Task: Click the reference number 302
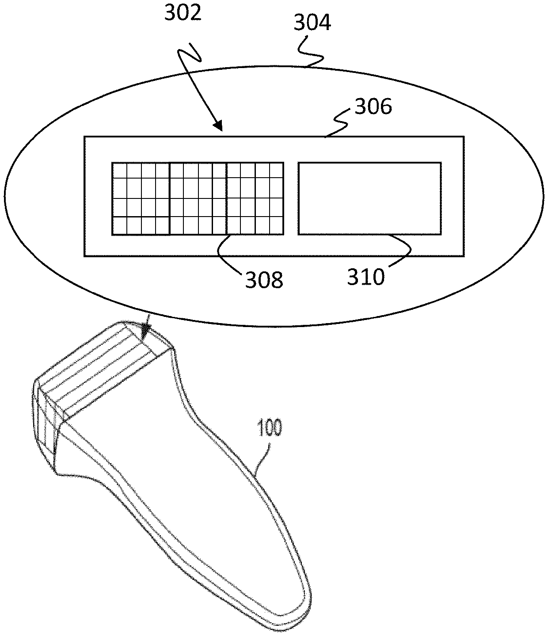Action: (183, 13)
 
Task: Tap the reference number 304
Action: (312, 22)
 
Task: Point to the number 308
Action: (264, 280)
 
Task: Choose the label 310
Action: (366, 277)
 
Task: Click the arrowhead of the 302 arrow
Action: (219, 127)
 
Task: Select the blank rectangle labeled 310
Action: (369, 198)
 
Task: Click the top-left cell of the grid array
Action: (119, 170)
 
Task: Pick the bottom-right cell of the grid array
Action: (277, 226)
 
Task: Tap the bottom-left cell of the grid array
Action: (119, 226)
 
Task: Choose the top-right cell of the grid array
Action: (277, 170)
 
